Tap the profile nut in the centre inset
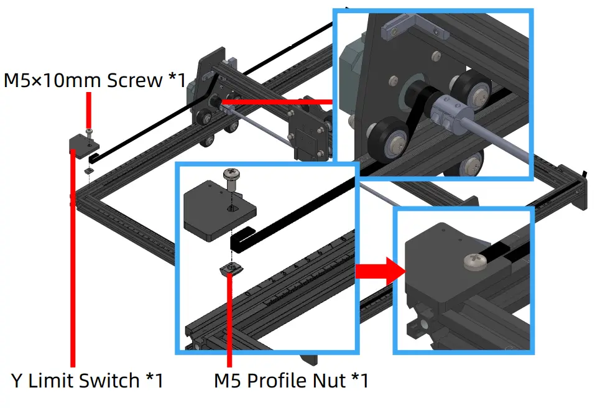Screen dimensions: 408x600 [x=233, y=269]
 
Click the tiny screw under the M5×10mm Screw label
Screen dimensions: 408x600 [x=90, y=131]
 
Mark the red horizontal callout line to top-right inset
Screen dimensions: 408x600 [x=277, y=100]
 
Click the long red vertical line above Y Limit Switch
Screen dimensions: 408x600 [x=73, y=261]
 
